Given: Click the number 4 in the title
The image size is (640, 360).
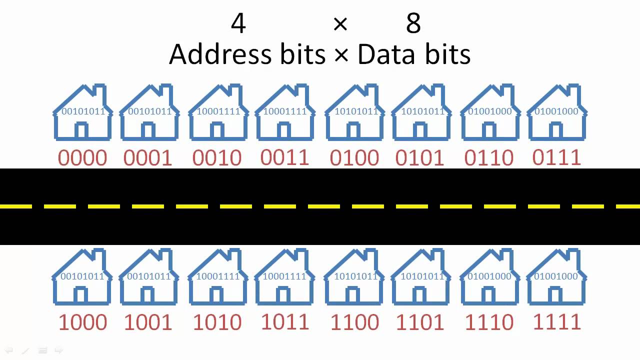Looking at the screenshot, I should (238, 23).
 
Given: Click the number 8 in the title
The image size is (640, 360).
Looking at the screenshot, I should (413, 23).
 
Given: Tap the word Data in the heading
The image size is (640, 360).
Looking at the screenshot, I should (385, 54).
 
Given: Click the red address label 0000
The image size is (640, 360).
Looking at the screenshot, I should (82, 158).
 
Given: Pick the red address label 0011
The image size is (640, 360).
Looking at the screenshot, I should (284, 157).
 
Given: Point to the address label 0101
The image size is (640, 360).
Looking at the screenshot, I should (419, 158).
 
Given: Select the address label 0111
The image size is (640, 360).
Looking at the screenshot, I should (556, 157).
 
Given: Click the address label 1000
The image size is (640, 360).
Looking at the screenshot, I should (82, 322).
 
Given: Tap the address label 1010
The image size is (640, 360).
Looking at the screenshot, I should (217, 322).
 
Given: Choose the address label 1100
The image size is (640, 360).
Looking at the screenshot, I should (354, 322).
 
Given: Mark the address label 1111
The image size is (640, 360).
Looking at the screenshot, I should (556, 321).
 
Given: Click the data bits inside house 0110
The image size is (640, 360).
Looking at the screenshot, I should (490, 111).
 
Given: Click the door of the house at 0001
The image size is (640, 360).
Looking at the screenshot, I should (147, 131).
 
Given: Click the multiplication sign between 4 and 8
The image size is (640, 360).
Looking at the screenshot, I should (340, 23).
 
